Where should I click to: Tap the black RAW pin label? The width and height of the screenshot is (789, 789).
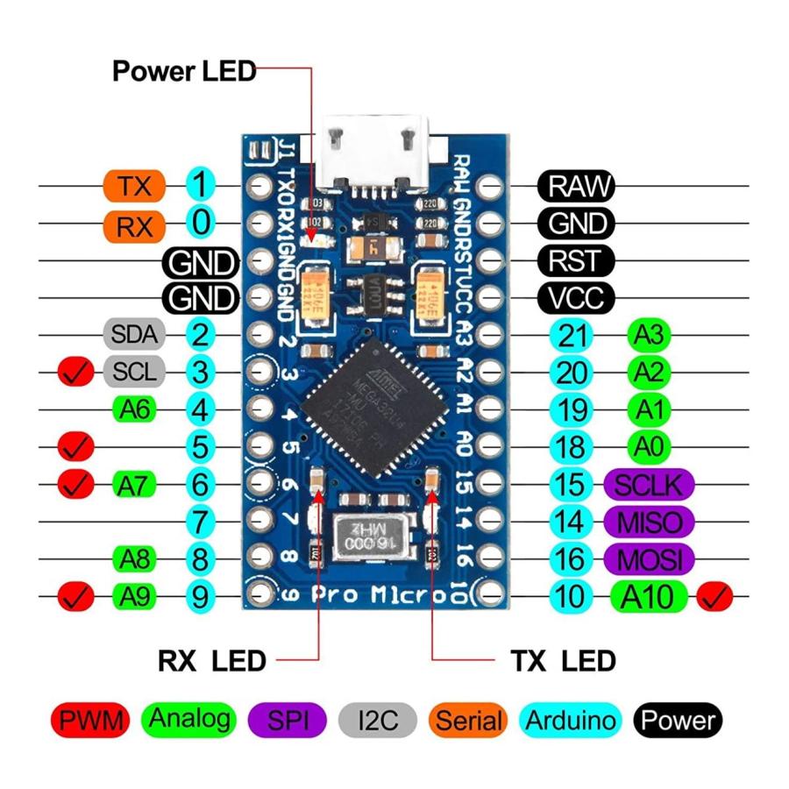[x=576, y=186]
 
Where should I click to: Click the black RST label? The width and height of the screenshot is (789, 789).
[x=576, y=260]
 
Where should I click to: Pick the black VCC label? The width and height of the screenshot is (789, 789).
[x=576, y=298]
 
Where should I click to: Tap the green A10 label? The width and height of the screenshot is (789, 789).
[x=648, y=597]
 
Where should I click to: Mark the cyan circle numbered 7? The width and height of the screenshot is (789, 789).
[x=201, y=522]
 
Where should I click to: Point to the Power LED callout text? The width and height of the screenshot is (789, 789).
[x=183, y=70]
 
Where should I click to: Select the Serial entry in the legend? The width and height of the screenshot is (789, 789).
[x=469, y=721]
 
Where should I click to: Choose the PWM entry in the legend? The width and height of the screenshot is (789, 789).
[x=90, y=721]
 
